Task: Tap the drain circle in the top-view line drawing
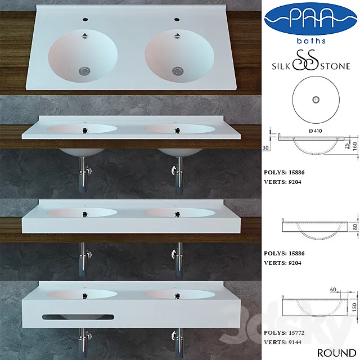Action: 316,99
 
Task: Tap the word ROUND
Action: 336,353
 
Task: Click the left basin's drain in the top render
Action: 85,71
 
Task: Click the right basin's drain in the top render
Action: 178,71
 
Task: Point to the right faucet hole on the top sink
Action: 177,19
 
